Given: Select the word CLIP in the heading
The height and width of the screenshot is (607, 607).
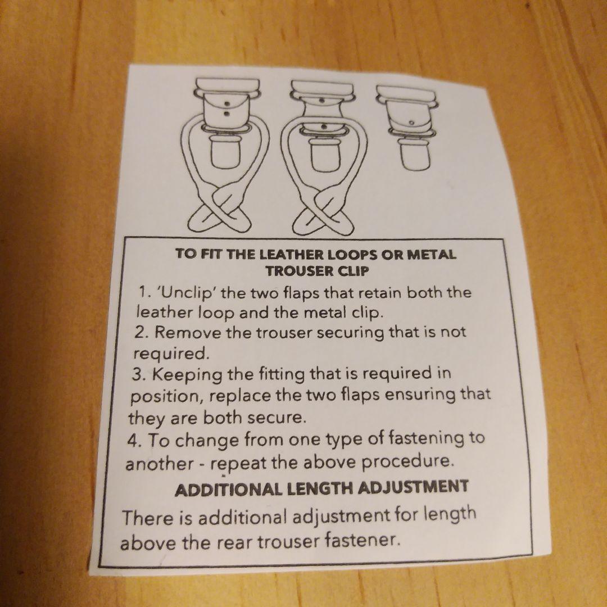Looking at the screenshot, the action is coord(353,271).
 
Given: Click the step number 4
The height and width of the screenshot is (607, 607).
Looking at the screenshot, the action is coord(134,441).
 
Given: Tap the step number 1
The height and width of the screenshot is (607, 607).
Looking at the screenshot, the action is coord(144,292).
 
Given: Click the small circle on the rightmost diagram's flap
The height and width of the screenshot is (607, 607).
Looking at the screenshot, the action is coord(411,123).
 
